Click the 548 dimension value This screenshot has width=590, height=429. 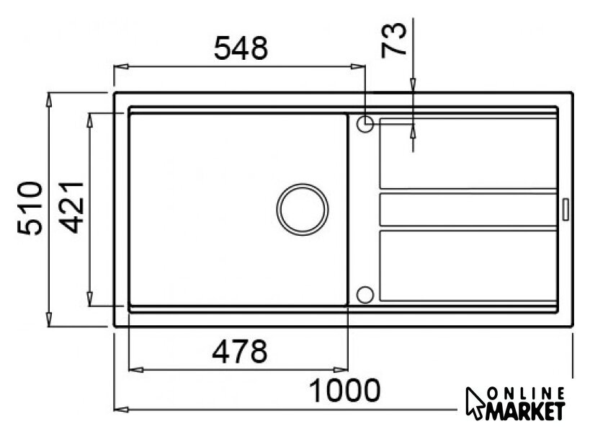click(241, 48)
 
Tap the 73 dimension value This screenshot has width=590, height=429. click(394, 39)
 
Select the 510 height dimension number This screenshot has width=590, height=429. click(30, 208)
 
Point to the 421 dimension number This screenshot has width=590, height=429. click(72, 207)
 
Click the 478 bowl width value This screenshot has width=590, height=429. click(240, 351)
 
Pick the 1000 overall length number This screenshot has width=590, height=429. click(344, 391)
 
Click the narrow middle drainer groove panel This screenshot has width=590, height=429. click(468, 210)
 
